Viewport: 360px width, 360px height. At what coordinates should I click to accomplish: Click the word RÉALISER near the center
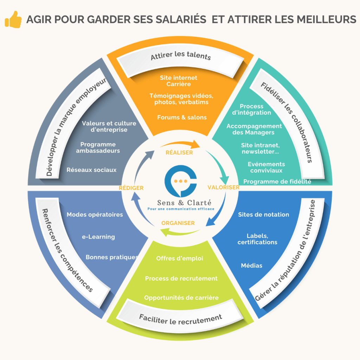pyautogui.click(x=179, y=153)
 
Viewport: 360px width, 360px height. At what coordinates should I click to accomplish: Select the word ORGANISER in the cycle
pyautogui.click(x=178, y=223)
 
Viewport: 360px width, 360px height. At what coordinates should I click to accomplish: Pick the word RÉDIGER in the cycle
pyautogui.click(x=131, y=188)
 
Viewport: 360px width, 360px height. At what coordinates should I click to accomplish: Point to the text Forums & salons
pyautogui.click(x=182, y=117)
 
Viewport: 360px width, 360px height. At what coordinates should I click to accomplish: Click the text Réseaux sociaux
pyautogui.click(x=91, y=170)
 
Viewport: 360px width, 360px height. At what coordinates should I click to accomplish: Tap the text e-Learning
pyautogui.click(x=98, y=237)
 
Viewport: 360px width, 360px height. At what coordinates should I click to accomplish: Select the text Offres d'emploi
pyautogui.click(x=180, y=258)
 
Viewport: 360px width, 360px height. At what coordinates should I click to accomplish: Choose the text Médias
pyautogui.click(x=252, y=265)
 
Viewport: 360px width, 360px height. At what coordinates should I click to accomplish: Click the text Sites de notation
pyautogui.click(x=264, y=214)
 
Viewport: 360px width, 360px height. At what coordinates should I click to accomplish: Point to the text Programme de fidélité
pyautogui.click(x=277, y=182)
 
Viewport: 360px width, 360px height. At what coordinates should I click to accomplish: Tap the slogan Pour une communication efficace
pyautogui.click(x=181, y=208)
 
